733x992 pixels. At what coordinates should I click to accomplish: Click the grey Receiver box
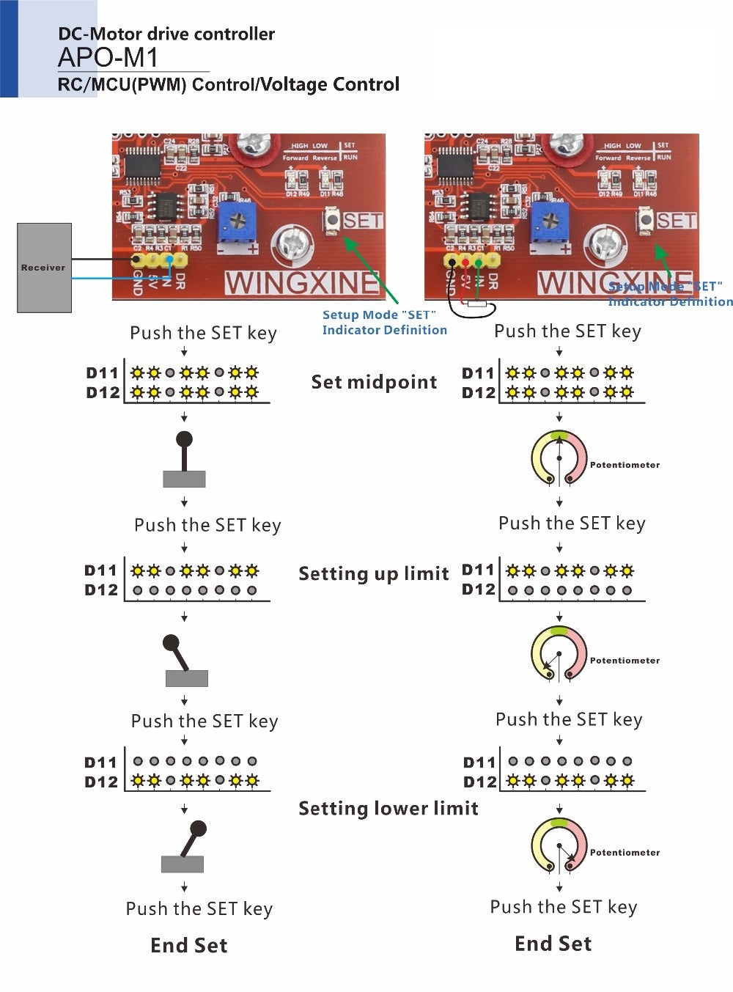(x=44, y=268)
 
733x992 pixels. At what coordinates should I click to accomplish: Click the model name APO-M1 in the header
(x=108, y=58)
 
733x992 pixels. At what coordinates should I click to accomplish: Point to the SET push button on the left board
(x=332, y=220)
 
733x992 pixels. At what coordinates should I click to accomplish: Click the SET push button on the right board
(x=646, y=219)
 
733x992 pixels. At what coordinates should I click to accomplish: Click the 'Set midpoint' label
(x=374, y=382)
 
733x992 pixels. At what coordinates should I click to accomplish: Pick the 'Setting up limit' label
(x=373, y=573)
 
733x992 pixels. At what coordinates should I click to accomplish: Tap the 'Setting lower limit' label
(x=388, y=808)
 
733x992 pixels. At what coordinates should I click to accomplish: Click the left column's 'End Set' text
(x=188, y=945)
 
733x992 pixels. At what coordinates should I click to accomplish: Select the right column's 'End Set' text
(x=553, y=944)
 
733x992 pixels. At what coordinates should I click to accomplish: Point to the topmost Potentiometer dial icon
(x=559, y=458)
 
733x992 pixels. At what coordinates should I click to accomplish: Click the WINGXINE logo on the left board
(x=302, y=283)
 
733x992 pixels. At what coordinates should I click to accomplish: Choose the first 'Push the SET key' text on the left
(x=203, y=333)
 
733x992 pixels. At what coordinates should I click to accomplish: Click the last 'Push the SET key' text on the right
(x=563, y=907)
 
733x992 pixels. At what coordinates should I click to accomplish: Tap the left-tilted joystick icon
(x=184, y=661)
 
